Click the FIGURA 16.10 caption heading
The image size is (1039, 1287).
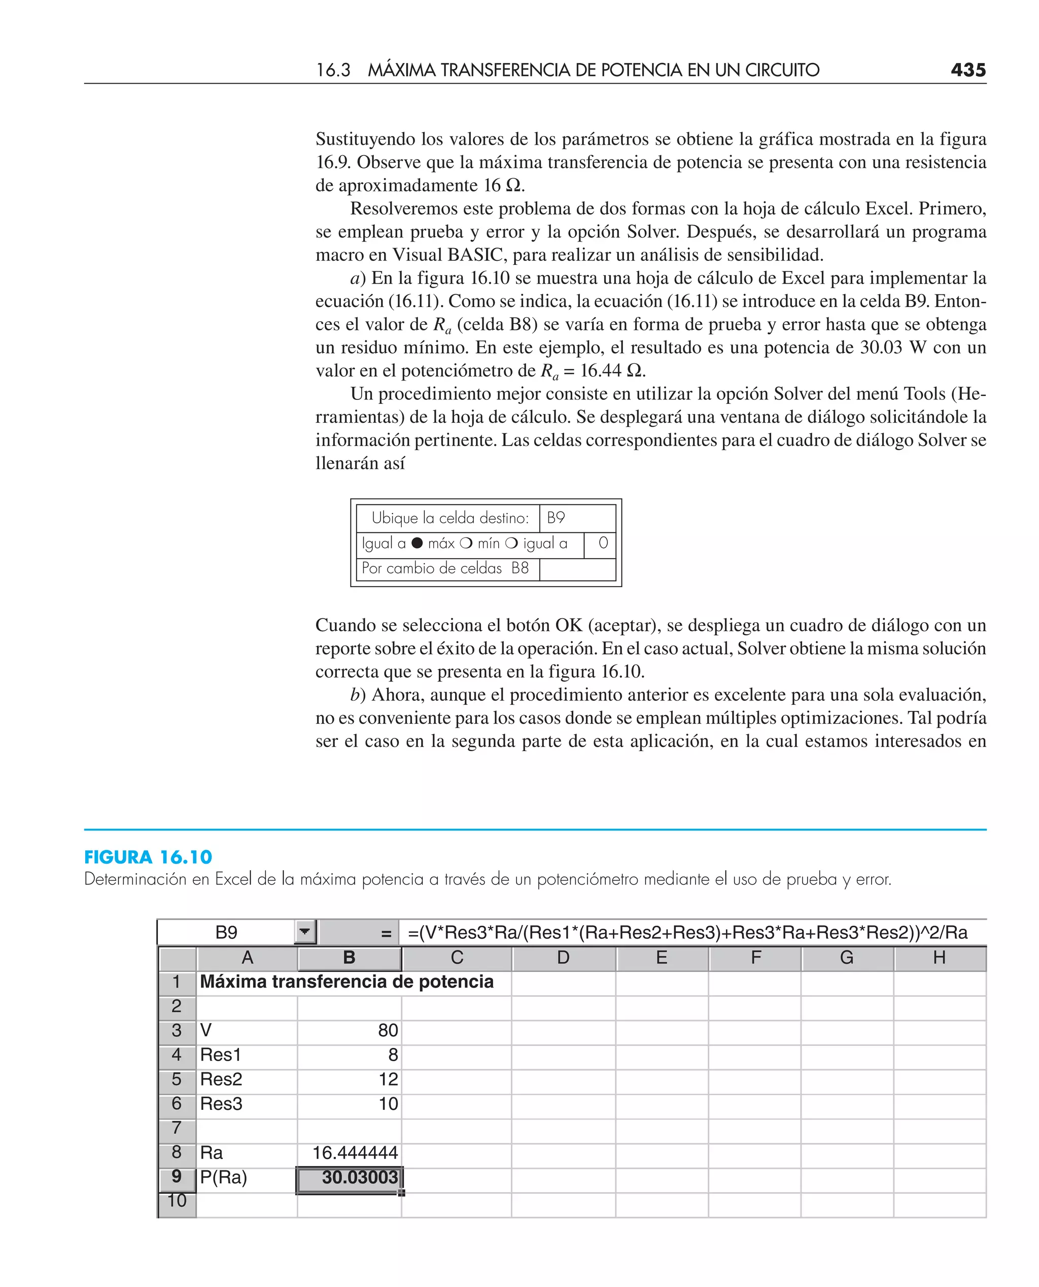pos(148,857)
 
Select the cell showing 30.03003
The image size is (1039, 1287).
pos(350,1177)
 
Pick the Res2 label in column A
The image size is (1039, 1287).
pos(221,1079)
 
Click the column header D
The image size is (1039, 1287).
pos(563,958)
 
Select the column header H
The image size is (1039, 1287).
pos(939,958)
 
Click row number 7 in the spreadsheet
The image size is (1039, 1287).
pos(177,1128)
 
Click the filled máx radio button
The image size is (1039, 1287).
pos(417,544)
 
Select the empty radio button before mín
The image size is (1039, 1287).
pos(466,544)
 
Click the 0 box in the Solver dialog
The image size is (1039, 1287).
pos(602,544)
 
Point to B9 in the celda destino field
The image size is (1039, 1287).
pos(556,518)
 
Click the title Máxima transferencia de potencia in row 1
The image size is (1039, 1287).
pos(347,981)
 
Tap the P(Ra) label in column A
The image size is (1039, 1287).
pos(223,1177)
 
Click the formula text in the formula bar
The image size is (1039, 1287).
pos(687,933)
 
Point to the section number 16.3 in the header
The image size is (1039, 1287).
pos(333,71)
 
